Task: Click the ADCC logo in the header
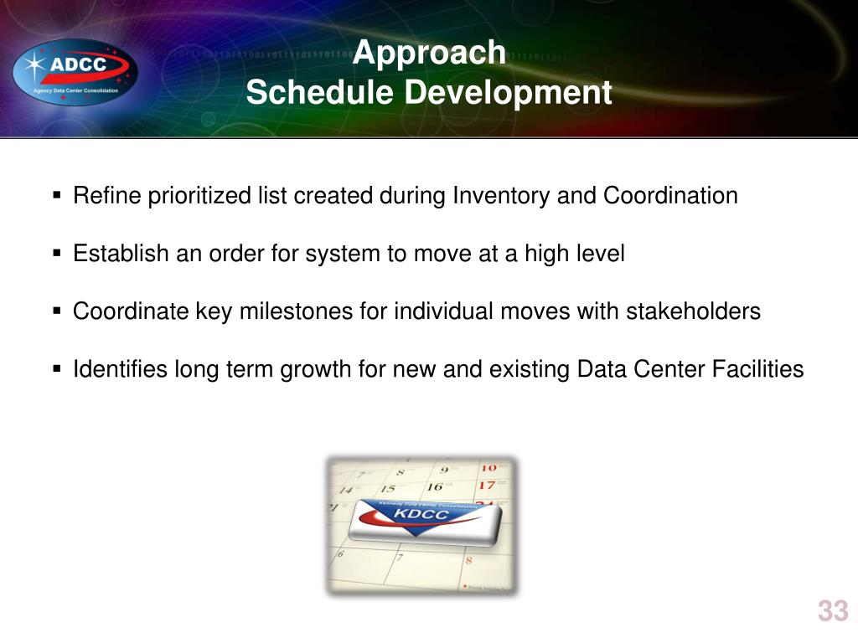pos(75,72)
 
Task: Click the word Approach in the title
pos(429,53)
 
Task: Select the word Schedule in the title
pos(319,91)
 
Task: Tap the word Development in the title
pos(508,92)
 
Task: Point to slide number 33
pos(833,610)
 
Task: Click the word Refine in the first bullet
pos(107,195)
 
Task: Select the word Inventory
pos(501,196)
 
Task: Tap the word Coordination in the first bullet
pos(670,195)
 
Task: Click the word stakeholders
pos(693,311)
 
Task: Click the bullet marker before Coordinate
pos(57,311)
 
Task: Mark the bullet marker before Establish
pos(57,253)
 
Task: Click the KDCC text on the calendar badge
pos(421,514)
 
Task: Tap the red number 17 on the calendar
pos(487,485)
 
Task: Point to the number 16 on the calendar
pos(435,486)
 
